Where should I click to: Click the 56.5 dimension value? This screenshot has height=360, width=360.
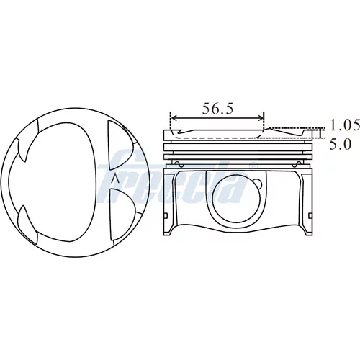pyautogui.click(x=217, y=109)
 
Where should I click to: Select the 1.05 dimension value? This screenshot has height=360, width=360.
pyautogui.click(x=344, y=125)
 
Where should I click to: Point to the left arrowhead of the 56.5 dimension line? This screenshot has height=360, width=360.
pyautogui.click(x=174, y=118)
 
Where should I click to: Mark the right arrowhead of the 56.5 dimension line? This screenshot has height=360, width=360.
pyautogui.click(x=261, y=118)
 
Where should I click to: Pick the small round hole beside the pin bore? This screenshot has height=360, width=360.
pyautogui.click(x=258, y=184)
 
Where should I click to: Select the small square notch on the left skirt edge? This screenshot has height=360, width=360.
pyautogui.click(x=166, y=215)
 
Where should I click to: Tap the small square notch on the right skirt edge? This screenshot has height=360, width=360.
pyautogui.click(x=310, y=215)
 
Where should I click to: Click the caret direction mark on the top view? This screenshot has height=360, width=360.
pyautogui.click(x=116, y=179)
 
